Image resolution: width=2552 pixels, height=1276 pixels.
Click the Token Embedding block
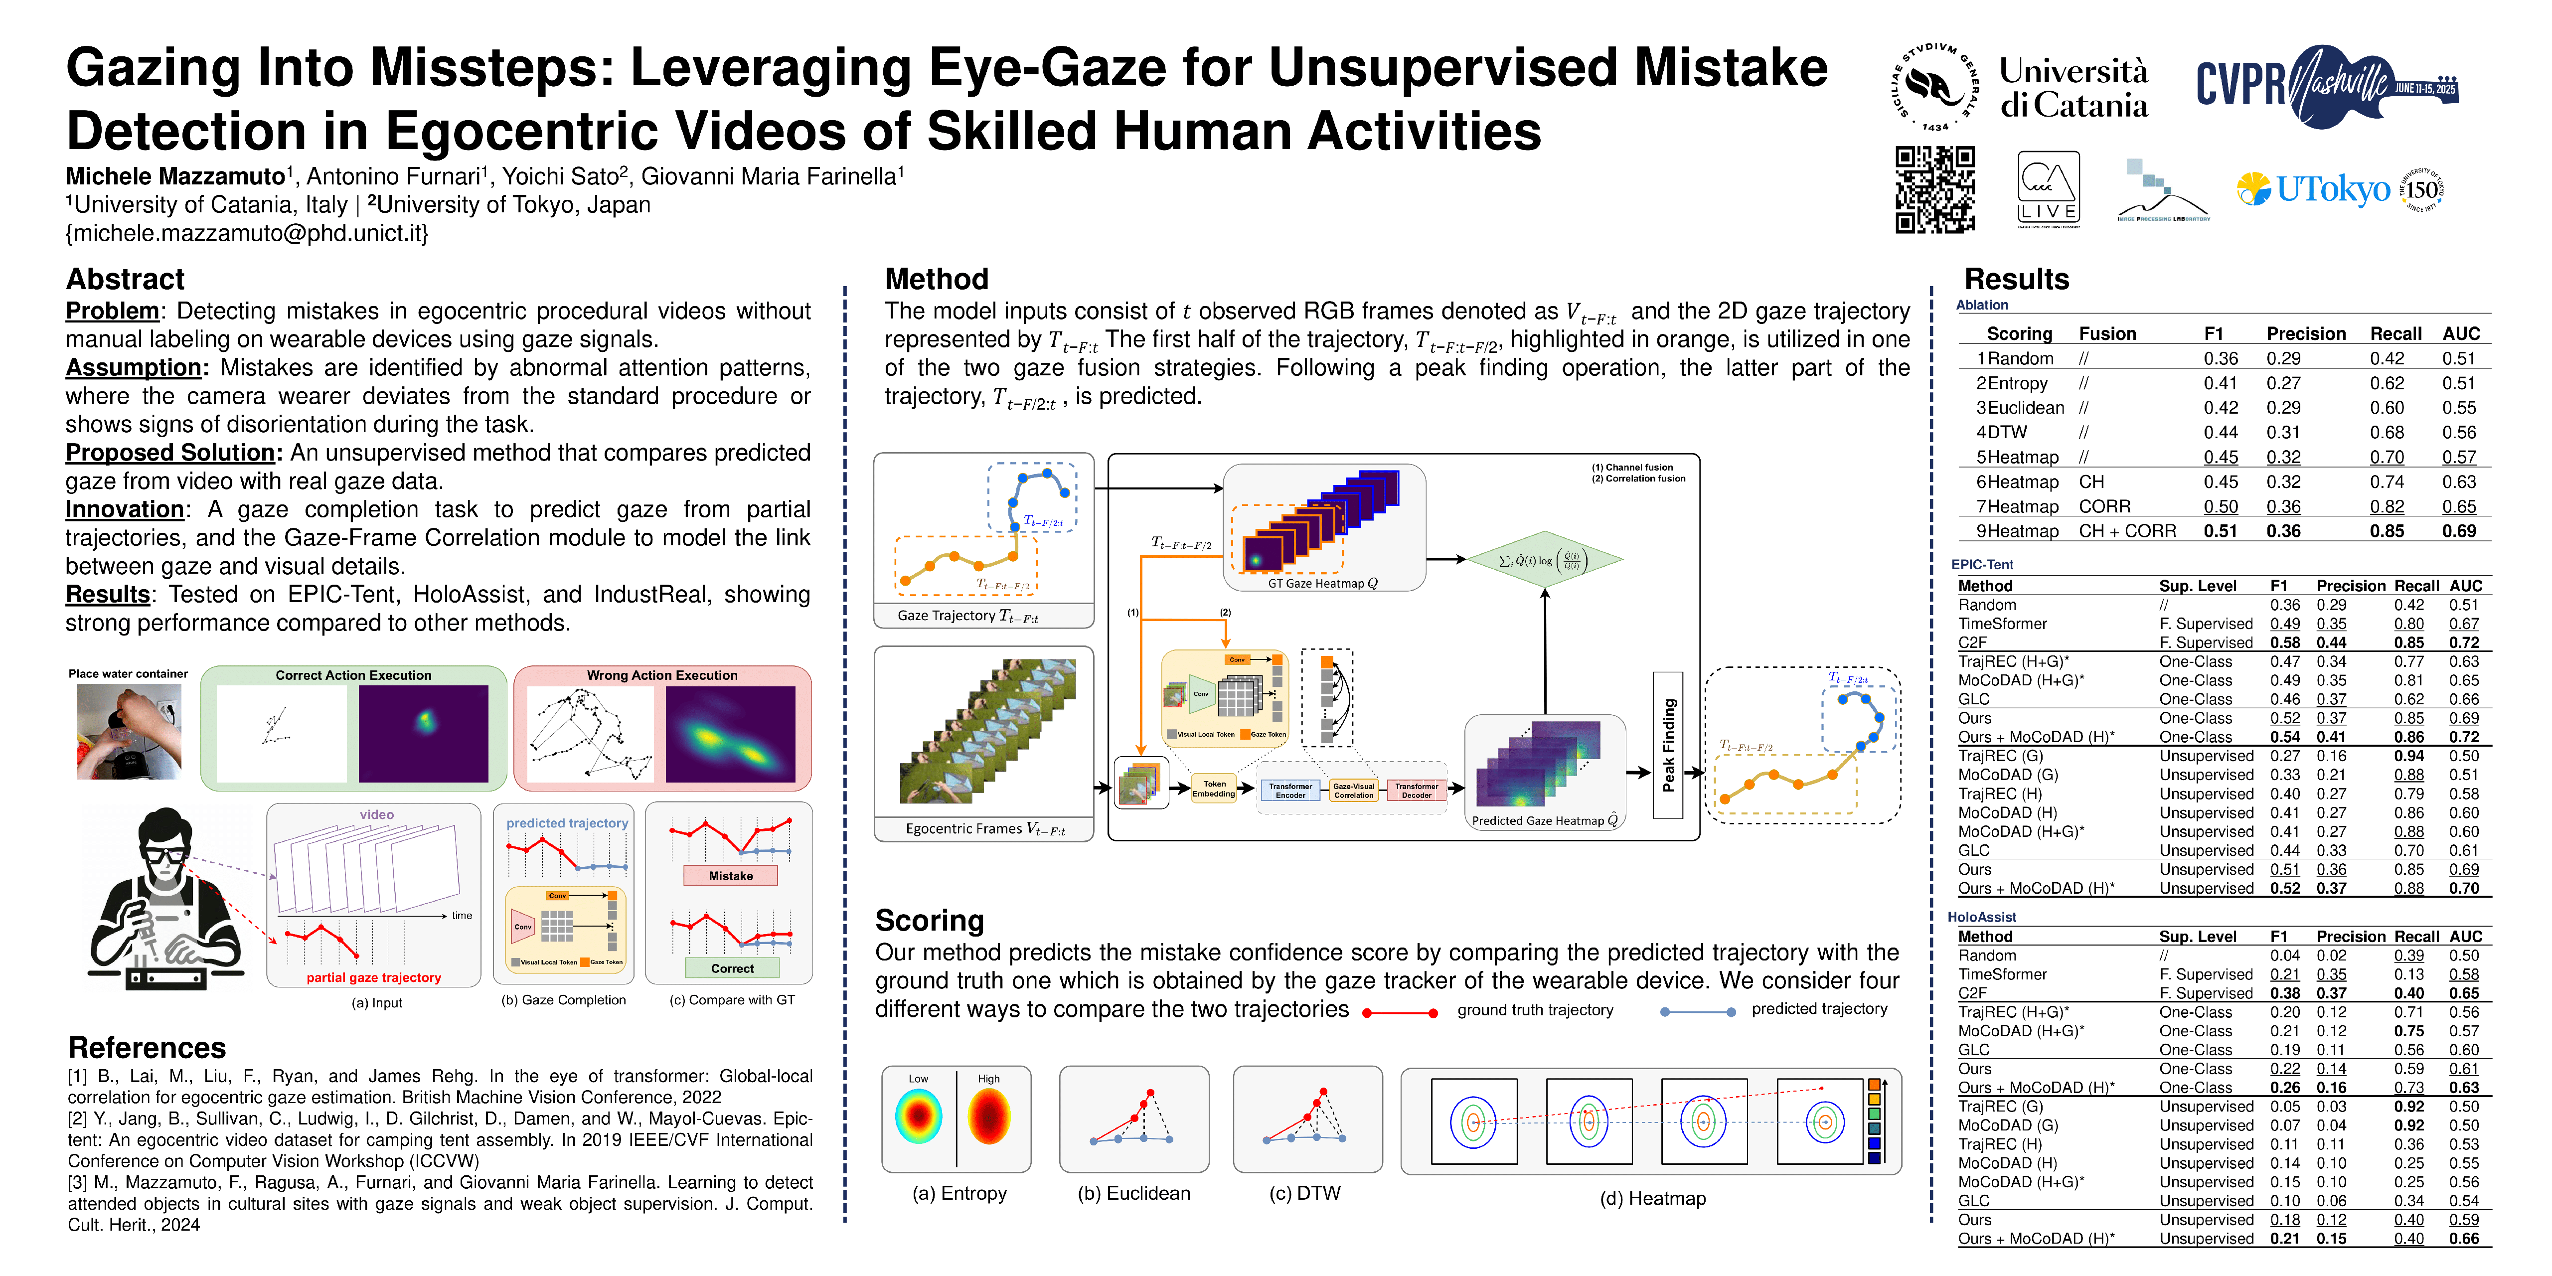[1214, 789]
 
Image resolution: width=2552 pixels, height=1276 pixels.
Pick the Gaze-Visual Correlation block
[1353, 790]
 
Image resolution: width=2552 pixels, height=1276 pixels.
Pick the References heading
[147, 1048]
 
